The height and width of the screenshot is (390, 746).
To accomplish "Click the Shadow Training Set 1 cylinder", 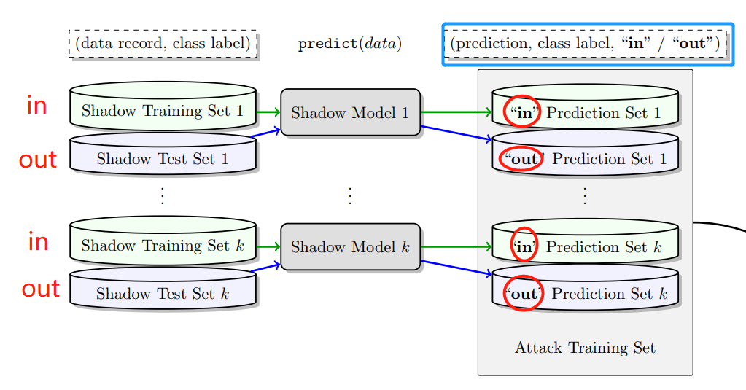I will point(163,111).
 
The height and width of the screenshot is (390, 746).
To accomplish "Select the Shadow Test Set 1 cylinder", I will point(163,158).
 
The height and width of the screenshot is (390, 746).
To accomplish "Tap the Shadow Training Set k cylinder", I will point(163,246).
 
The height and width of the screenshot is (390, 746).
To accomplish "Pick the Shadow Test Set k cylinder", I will point(163,294).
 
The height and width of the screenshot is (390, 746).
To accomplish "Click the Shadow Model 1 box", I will point(350,112).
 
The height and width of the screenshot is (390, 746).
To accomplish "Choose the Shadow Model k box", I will point(350,246).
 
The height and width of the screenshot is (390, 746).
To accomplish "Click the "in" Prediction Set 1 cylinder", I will point(585,112).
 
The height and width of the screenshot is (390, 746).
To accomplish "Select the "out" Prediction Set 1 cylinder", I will point(585,158).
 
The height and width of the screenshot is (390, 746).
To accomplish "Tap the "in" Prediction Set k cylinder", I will point(585,247).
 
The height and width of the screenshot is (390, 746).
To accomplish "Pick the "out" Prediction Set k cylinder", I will point(585,294).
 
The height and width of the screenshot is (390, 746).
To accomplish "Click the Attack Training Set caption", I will point(585,348).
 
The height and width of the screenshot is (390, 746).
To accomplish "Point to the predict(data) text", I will point(350,44).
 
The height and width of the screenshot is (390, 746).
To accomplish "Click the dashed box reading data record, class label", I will point(163,44).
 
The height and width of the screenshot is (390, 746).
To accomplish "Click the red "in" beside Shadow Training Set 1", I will point(36,106).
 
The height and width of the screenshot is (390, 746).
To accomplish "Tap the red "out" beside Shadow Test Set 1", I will point(38,160).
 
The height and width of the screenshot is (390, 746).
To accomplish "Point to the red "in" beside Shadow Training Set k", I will point(38,241).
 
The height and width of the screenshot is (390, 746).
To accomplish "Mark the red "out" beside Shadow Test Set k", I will point(40,289).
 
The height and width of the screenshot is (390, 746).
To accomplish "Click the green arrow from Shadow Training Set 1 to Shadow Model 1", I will point(268,112).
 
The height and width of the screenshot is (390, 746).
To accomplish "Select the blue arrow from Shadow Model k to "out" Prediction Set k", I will point(456,268).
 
